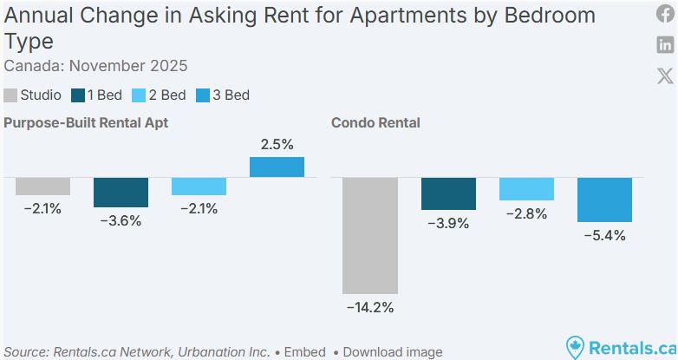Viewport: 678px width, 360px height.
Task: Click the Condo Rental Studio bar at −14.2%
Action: click(x=370, y=235)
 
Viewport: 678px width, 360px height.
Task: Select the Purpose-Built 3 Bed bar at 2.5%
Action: click(x=277, y=167)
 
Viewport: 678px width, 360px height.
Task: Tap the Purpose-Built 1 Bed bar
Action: click(x=121, y=192)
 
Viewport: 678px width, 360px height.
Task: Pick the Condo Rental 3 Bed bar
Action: click(x=604, y=200)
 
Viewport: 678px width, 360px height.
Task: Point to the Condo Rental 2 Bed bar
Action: click(x=526, y=189)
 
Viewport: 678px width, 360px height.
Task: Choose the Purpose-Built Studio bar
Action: click(x=42, y=186)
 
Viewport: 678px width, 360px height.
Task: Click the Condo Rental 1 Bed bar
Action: click(x=448, y=193)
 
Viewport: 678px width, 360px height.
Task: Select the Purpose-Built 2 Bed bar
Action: click(x=199, y=186)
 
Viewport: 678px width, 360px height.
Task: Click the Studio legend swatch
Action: click(x=10, y=95)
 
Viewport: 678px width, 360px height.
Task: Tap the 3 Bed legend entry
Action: click(x=223, y=95)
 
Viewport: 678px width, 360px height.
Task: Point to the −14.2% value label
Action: click(x=370, y=307)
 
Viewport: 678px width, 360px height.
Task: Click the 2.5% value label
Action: click(x=277, y=144)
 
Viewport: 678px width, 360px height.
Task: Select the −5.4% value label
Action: click(x=604, y=235)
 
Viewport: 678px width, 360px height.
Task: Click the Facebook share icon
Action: click(x=665, y=16)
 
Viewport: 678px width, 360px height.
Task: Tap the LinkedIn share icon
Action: click(x=665, y=45)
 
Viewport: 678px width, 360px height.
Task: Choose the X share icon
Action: click(x=665, y=75)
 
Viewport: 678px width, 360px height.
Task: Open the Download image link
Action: click(x=392, y=351)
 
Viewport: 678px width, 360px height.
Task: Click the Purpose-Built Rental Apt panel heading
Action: click(x=86, y=123)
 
